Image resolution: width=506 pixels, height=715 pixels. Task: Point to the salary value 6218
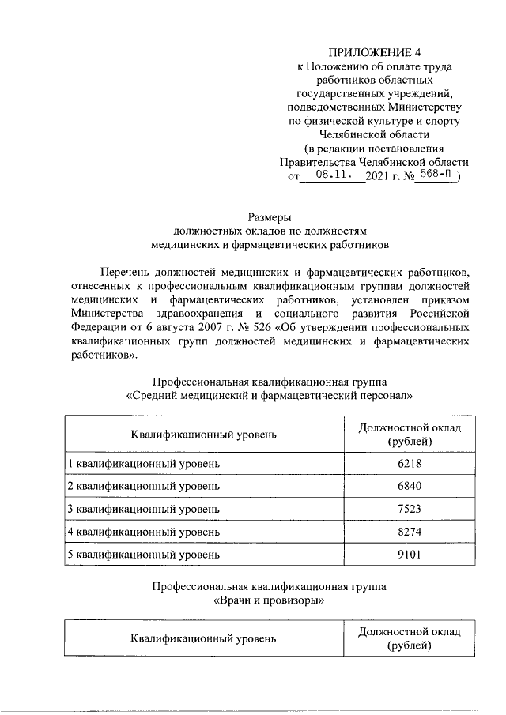(x=410, y=461)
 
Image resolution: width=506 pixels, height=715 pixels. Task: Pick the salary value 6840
(x=410, y=484)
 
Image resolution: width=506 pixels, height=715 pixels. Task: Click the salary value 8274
(x=410, y=531)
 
